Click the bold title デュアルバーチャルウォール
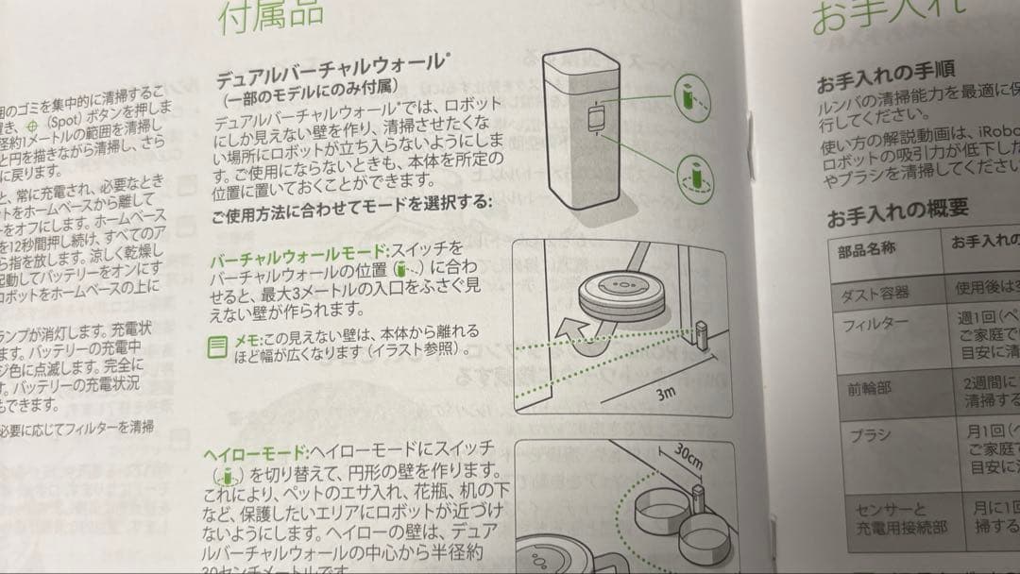(330, 74)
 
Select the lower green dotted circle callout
(696, 175)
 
